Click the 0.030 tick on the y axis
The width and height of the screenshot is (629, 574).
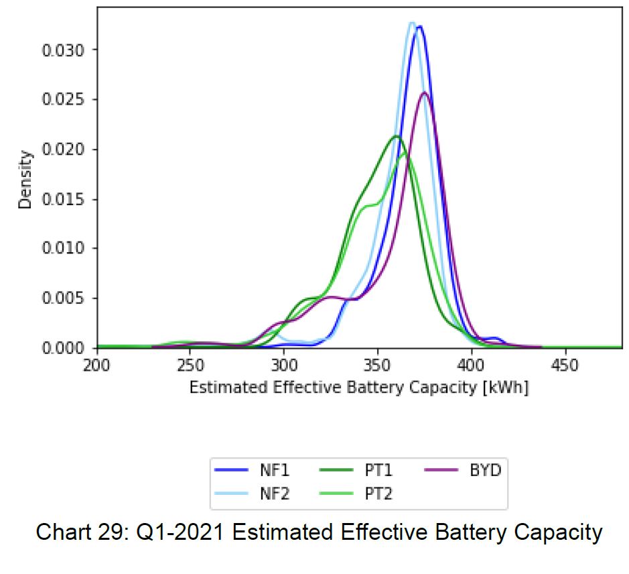66,50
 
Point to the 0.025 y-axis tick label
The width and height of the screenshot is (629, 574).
66,99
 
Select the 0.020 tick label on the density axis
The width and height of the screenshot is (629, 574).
66,149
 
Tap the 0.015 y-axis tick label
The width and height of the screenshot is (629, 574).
66,199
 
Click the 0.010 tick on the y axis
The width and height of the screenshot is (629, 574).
66,249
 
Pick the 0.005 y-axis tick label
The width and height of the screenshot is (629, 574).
66,298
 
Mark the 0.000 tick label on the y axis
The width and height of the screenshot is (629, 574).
66,348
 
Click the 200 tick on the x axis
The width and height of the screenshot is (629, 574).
98,366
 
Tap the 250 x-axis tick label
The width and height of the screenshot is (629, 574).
190,366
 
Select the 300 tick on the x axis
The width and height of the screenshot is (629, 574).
284,366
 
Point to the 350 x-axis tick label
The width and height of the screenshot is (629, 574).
378,366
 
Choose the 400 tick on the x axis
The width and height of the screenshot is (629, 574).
471,366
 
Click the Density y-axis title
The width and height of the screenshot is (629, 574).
25,180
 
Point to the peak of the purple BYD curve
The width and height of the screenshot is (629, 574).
424,93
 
